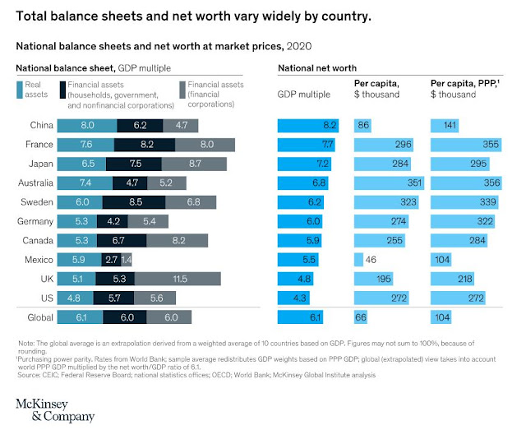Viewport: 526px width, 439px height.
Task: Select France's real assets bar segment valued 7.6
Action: (x=86, y=145)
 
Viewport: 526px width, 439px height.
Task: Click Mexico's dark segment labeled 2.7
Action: (x=113, y=259)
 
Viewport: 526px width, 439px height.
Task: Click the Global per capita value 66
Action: (x=361, y=317)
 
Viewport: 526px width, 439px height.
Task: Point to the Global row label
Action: (x=40, y=317)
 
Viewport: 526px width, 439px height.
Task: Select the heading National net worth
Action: (x=311, y=67)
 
